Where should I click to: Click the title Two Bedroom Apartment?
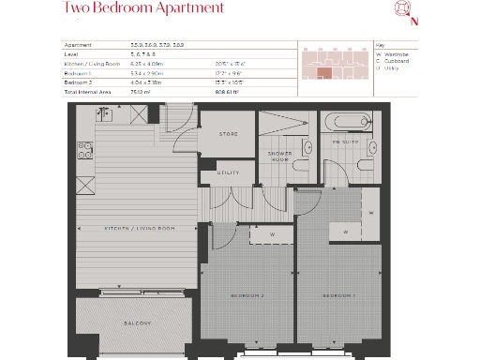(143, 8)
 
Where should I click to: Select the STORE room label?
(228, 135)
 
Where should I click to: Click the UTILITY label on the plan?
(228, 172)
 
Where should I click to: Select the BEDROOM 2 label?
(247, 296)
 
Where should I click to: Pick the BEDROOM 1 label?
(337, 296)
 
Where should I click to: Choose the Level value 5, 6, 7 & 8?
(145, 54)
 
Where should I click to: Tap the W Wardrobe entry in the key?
(391, 54)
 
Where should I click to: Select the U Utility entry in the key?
(388, 69)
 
